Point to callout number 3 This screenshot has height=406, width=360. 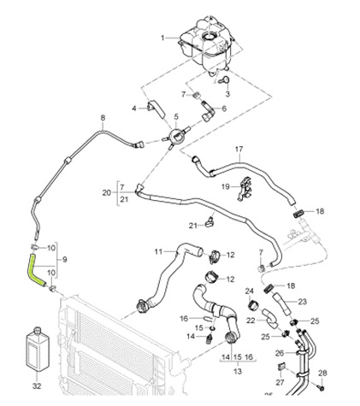228,93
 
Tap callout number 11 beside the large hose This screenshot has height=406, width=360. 158,251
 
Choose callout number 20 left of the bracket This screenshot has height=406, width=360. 106,193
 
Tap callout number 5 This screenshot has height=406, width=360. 176,116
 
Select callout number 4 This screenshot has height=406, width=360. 134,108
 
